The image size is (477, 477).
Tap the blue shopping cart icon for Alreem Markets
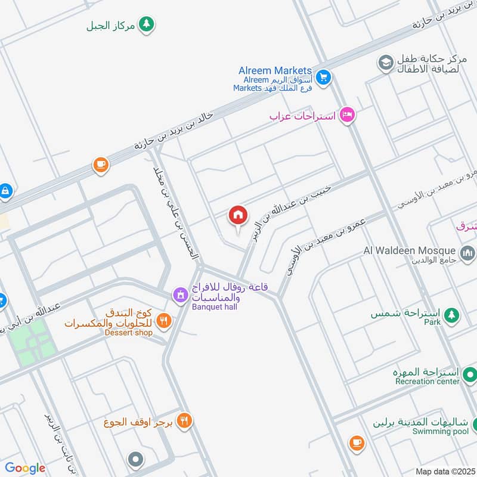point(323,78)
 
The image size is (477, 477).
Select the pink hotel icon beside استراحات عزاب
point(346,114)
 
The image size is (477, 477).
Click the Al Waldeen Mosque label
point(410,250)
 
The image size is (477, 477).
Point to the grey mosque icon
point(467,253)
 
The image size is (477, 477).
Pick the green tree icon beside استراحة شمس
point(452,314)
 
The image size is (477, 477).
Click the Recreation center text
point(427,381)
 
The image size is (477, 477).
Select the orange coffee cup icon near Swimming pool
point(357,442)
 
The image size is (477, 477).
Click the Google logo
point(25,468)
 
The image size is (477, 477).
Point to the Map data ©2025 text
point(444,471)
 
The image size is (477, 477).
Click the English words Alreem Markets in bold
point(275,70)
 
